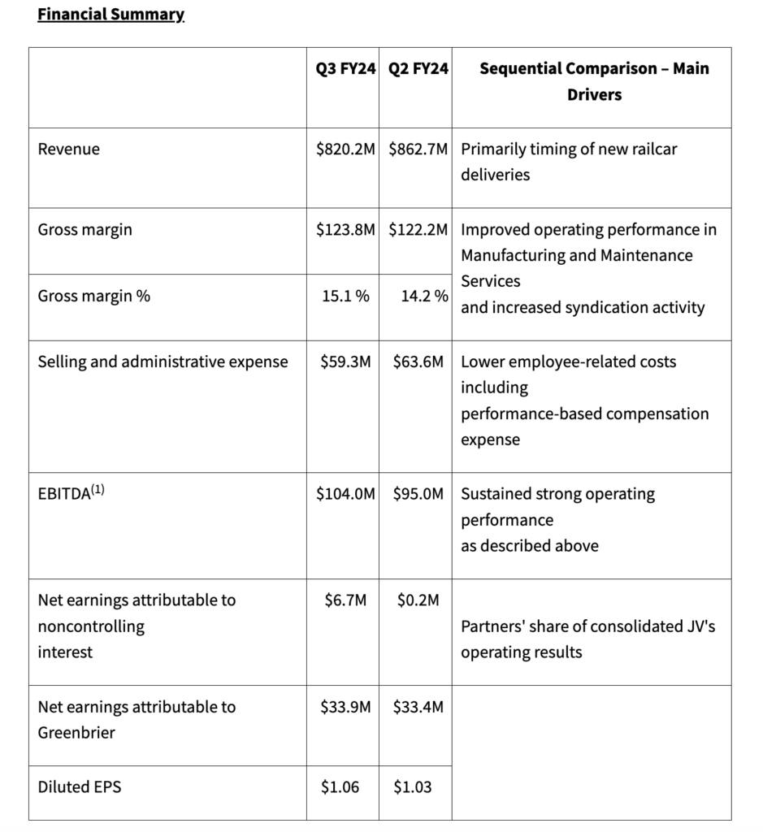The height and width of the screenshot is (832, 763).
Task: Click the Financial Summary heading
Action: tap(111, 15)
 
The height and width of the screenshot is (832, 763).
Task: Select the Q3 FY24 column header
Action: tap(345, 69)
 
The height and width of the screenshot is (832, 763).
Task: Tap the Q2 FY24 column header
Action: tap(418, 69)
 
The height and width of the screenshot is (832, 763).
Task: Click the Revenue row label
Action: tap(69, 149)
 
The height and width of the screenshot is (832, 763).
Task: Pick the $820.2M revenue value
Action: tap(345, 149)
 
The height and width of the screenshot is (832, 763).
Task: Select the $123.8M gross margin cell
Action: tap(345, 229)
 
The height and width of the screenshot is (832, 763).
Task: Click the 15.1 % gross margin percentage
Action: tap(345, 296)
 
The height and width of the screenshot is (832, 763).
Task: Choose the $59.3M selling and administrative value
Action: tap(345, 362)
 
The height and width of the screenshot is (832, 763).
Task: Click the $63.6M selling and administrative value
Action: tap(418, 362)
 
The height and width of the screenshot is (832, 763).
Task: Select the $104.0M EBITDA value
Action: tap(345, 494)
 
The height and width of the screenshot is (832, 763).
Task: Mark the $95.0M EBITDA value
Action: tap(418, 494)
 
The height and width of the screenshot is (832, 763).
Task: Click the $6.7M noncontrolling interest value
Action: tap(345, 600)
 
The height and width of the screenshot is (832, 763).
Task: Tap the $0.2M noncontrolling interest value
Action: tap(418, 600)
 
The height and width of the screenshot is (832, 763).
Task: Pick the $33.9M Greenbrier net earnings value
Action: tap(345, 707)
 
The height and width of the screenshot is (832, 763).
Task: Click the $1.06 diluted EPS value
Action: tap(340, 786)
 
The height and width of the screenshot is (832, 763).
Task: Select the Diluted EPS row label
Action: tap(80, 786)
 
